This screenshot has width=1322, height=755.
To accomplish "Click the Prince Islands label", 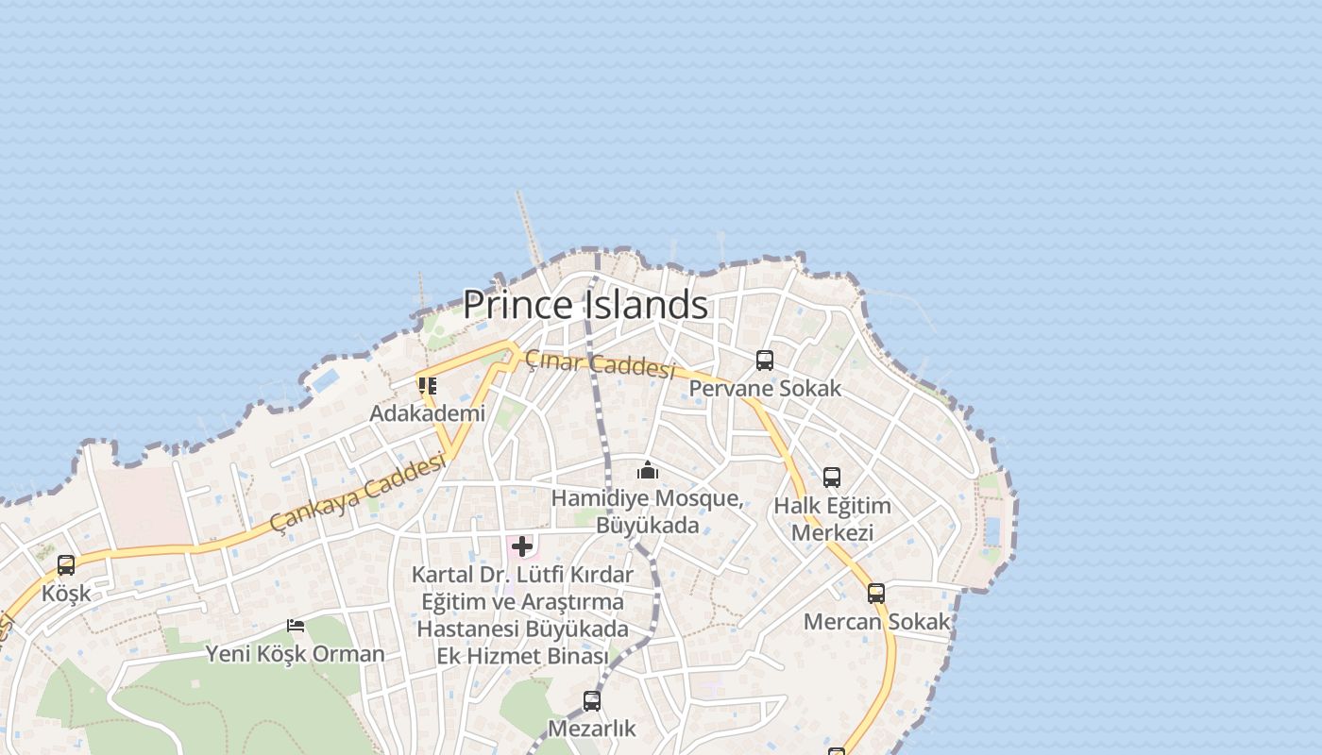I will click(585, 305).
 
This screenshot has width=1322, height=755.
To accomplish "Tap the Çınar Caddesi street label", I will click(601, 363).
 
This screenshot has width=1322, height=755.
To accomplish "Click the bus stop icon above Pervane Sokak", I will click(765, 361).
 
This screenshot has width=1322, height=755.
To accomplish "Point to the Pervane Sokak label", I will click(765, 388).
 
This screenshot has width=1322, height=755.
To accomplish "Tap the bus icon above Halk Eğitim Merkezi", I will click(832, 478).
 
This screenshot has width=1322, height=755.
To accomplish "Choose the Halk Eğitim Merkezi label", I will click(832, 519).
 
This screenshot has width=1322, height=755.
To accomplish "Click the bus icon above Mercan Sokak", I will click(876, 594).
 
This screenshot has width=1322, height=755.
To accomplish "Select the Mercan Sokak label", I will click(876, 622).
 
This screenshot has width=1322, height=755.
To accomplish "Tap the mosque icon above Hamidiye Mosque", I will click(648, 470).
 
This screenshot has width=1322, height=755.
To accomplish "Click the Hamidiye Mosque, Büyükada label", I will click(648, 511).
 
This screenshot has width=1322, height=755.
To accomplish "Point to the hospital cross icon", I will click(522, 546).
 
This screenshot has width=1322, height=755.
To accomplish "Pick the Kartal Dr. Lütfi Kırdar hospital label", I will click(522, 614).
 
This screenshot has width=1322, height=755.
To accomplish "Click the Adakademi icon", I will click(428, 386).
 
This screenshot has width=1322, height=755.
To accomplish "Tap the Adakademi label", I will click(428, 413).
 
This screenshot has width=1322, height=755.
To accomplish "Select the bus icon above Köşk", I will click(66, 565).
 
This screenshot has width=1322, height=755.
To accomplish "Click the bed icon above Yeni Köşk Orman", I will click(296, 626).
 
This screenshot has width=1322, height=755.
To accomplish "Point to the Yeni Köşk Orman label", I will click(296, 653).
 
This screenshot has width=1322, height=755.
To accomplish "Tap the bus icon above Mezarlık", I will click(592, 701).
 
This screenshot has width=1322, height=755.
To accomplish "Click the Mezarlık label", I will click(592, 729).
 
